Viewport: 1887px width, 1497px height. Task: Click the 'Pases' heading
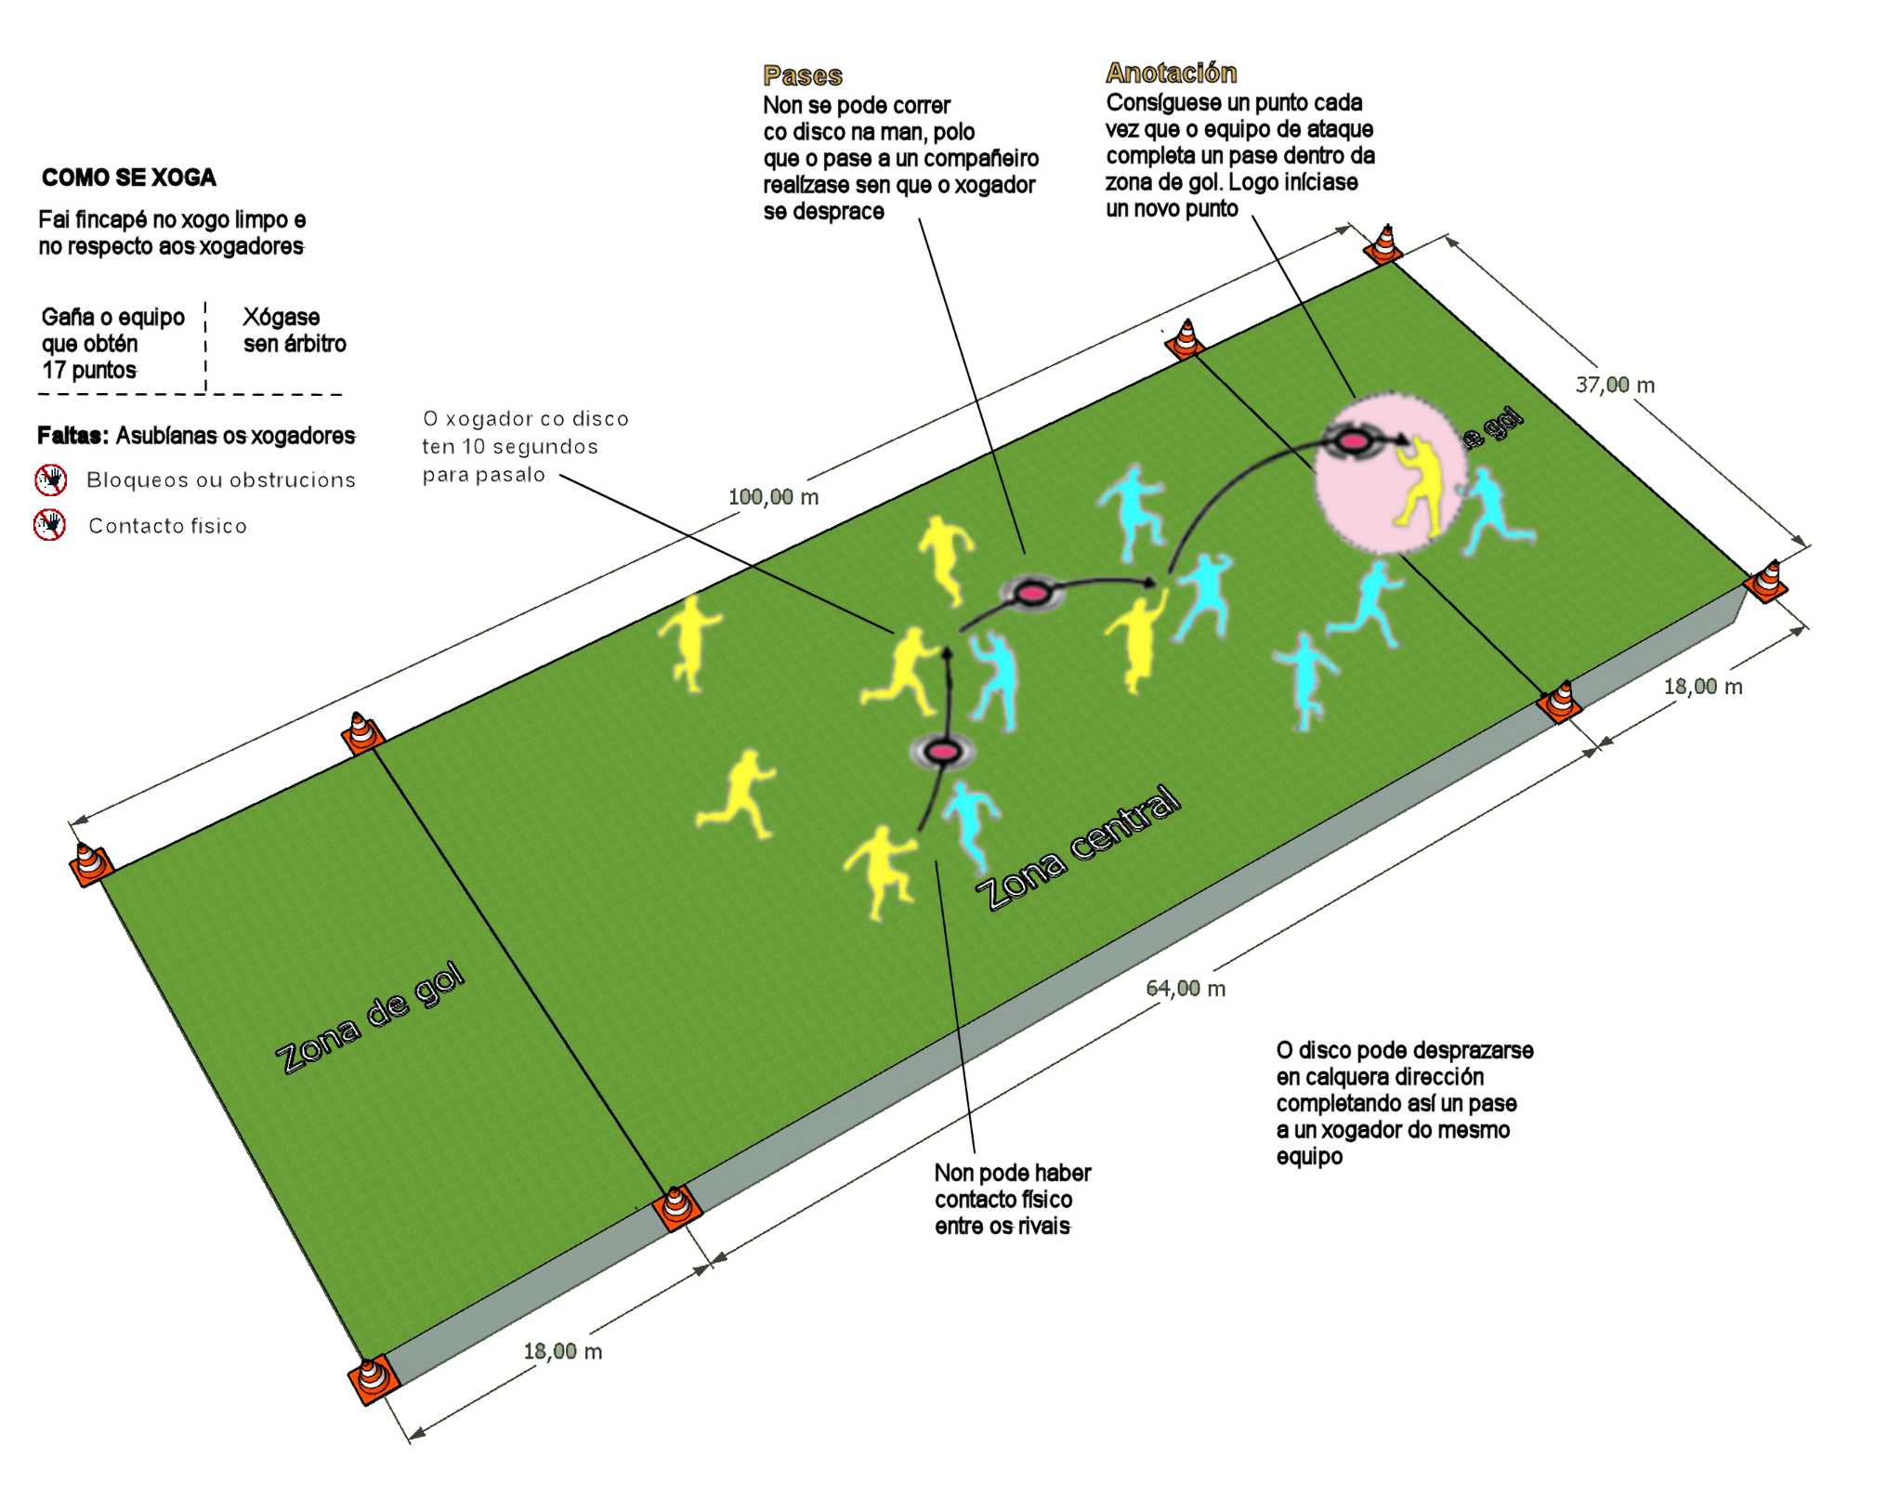pyautogui.click(x=802, y=75)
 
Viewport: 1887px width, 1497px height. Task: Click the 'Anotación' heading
pyautogui.click(x=1171, y=72)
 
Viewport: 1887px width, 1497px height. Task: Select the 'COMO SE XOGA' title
pyautogui.click(x=128, y=177)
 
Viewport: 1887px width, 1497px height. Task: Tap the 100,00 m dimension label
pyautogui.click(x=773, y=497)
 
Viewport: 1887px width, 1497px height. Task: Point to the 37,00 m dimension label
pyautogui.click(x=1615, y=385)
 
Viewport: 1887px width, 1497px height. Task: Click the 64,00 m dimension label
pyautogui.click(x=1186, y=989)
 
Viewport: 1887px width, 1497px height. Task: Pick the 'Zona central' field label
pyautogui.click(x=1078, y=847)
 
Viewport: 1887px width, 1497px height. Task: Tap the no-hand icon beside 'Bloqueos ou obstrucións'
pyautogui.click(x=51, y=479)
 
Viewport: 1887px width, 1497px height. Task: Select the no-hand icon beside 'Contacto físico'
pyautogui.click(x=50, y=525)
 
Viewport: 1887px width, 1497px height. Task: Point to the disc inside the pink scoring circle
pyautogui.click(x=1353, y=441)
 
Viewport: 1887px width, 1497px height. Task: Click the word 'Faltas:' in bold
pyautogui.click(x=72, y=436)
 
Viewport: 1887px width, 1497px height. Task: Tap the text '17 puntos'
pyautogui.click(x=89, y=370)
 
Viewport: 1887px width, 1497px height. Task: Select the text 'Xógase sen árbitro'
pyautogui.click(x=294, y=330)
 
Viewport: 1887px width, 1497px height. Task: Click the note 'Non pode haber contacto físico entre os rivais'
pyautogui.click(x=1011, y=1199)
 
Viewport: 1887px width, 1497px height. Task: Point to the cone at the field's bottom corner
pyautogui.click(x=373, y=1378)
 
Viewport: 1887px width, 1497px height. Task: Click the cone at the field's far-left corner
pyautogui.click(x=90, y=862)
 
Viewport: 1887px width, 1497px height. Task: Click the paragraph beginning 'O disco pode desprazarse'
pyautogui.click(x=1403, y=1103)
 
